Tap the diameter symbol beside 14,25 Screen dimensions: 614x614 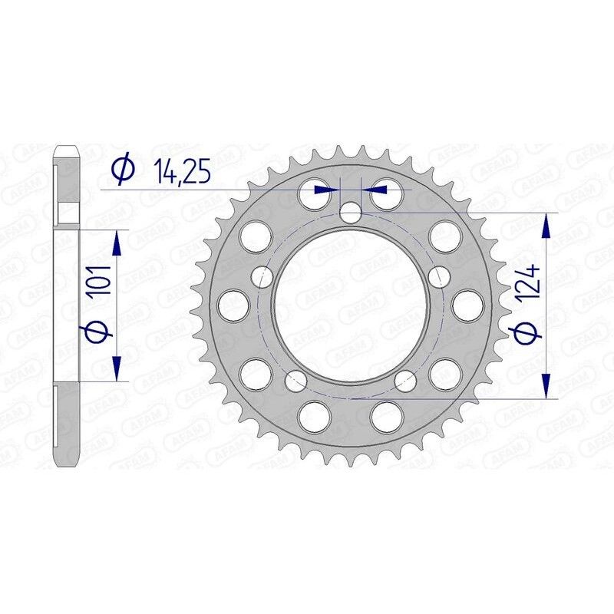[122, 170]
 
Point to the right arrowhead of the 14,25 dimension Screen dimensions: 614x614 [378, 187]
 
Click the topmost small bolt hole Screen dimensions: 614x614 [351, 213]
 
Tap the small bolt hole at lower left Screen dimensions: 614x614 [295, 379]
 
